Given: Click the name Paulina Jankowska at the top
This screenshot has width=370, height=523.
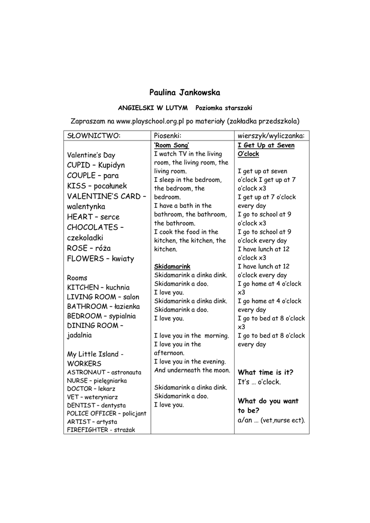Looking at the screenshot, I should point(184,92).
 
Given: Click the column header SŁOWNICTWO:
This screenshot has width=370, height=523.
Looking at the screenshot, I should point(94,135).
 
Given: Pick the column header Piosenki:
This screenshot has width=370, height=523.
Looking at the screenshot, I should point(168,135).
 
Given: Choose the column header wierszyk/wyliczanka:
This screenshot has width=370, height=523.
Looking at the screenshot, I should point(271,135).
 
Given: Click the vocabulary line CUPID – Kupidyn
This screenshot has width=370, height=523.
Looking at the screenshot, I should point(96,165).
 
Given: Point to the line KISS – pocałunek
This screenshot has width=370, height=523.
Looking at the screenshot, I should point(97,186).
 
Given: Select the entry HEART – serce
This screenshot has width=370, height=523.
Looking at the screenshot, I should point(93,217).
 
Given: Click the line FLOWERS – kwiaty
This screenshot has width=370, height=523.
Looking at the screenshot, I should point(100,258).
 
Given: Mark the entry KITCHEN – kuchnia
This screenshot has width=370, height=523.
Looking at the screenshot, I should point(98,288).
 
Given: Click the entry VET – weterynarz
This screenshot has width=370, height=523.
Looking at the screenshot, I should point(92,397).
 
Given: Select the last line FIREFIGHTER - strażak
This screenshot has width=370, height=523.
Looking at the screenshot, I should point(101,430).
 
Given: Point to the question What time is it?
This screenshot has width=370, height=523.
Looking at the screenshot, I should point(266,372).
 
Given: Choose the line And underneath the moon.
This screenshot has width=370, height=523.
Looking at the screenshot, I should point(192,370).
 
